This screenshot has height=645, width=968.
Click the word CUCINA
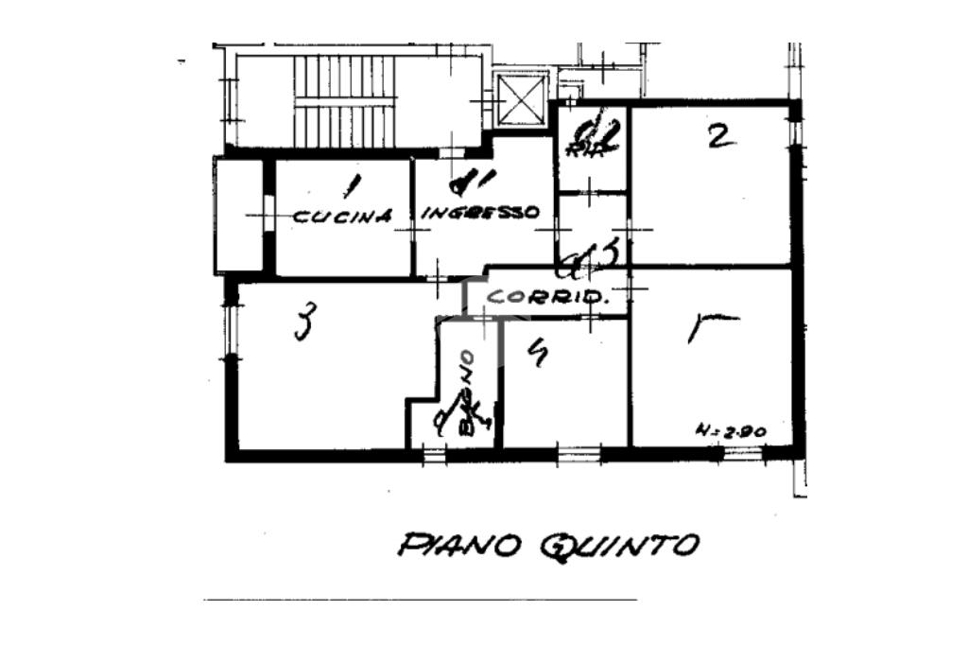click(341, 216)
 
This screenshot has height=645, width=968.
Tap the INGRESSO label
click(479, 213)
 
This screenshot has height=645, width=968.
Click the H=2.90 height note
click(730, 430)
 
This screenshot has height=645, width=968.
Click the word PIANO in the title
click(461, 545)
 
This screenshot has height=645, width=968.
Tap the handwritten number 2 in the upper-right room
click(719, 138)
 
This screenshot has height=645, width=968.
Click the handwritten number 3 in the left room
click(303, 322)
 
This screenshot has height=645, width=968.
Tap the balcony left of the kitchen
click(238, 216)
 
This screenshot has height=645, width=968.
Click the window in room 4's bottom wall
click(579, 455)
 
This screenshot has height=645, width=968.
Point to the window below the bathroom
click(435, 455)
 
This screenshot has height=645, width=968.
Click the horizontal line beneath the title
click(421, 600)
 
